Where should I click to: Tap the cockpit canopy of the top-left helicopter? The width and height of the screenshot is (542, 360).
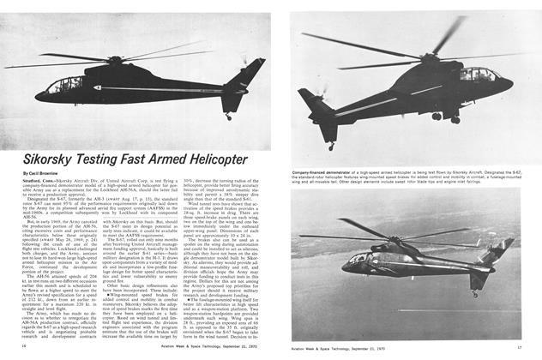[65, 84]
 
